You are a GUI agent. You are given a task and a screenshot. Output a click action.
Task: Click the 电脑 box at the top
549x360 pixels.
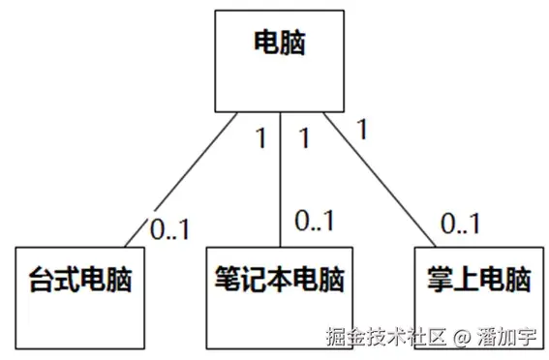pyautogui.click(x=280, y=60)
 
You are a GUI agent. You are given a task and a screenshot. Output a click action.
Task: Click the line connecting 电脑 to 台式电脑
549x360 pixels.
pyautogui.click(x=184, y=184)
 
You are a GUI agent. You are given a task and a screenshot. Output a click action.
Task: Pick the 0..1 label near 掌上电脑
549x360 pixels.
pyautogui.click(x=461, y=225)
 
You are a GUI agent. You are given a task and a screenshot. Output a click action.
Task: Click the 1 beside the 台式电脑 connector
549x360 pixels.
pyautogui.click(x=259, y=138)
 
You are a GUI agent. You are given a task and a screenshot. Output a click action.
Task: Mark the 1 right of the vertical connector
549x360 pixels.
pyautogui.click(x=304, y=138)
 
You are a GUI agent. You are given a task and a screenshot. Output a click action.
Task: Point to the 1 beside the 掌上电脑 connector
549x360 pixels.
pyautogui.click(x=361, y=127)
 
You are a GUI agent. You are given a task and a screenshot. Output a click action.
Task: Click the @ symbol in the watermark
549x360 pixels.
pyautogui.click(x=461, y=338)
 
